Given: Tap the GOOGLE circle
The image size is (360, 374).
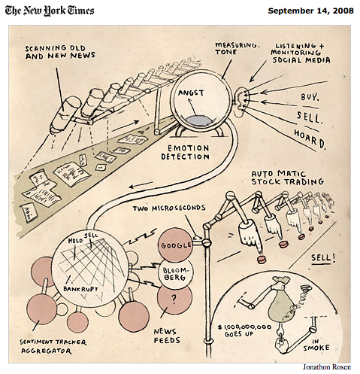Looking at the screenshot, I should click(x=177, y=245).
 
